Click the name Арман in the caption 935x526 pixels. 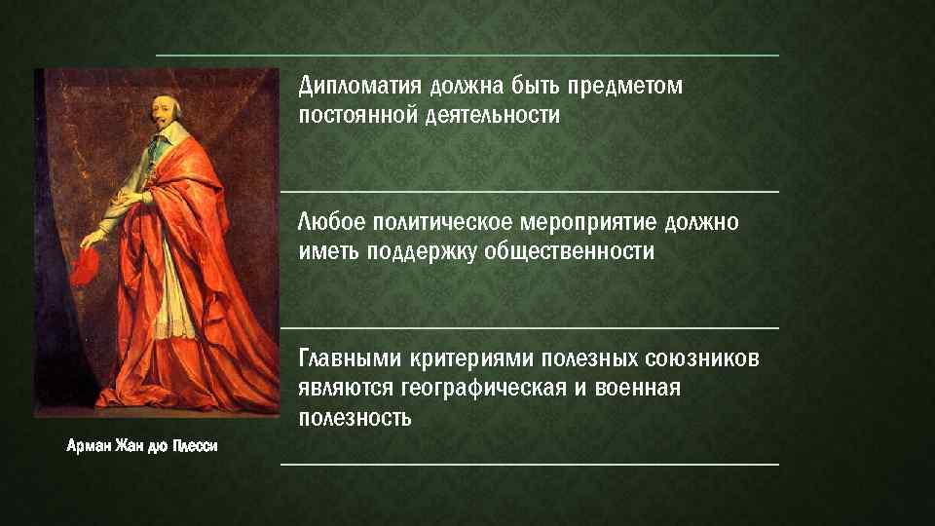tap(89, 446)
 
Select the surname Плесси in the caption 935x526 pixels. tap(196, 446)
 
